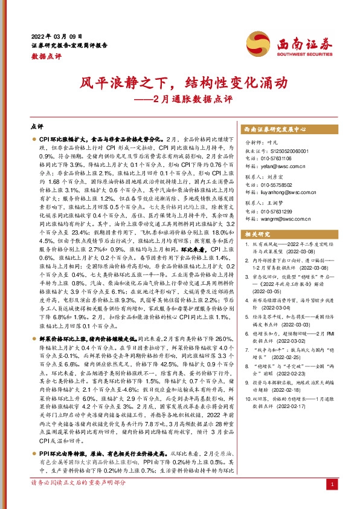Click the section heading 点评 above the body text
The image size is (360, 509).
pos(36,128)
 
